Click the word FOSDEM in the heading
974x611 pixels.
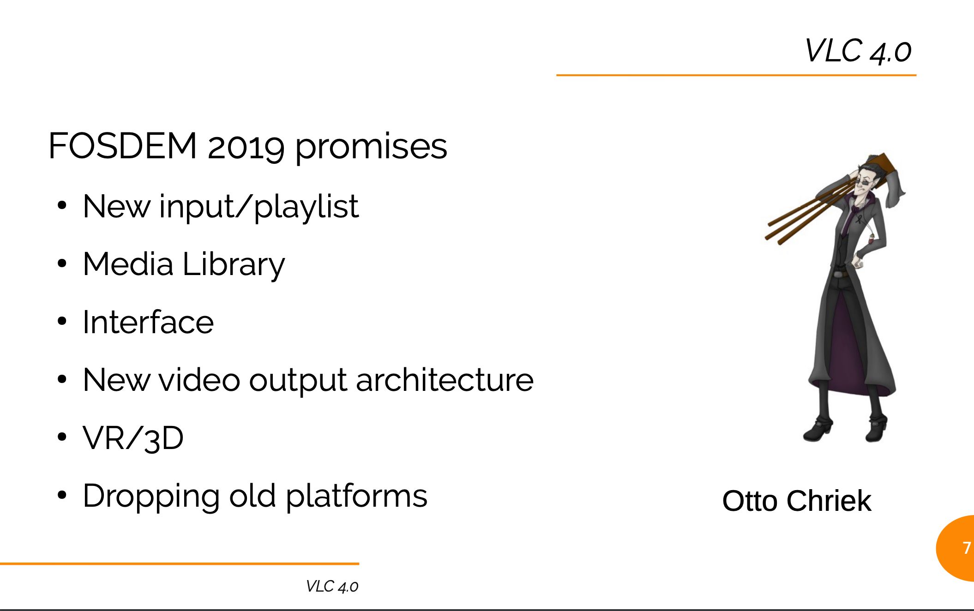(x=123, y=146)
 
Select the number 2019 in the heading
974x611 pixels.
(x=246, y=147)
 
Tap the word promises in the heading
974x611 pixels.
(x=371, y=147)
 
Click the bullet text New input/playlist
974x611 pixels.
(x=221, y=207)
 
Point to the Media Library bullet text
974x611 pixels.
(x=184, y=264)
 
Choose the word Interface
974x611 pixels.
(x=148, y=322)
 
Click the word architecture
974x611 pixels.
(x=445, y=380)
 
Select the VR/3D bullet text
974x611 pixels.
(x=133, y=437)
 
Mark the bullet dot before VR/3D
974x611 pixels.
(x=62, y=437)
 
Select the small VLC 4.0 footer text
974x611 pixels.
(x=332, y=587)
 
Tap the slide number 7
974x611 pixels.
(x=967, y=548)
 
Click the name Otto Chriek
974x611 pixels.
(x=797, y=501)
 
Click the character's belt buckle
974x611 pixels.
(x=838, y=275)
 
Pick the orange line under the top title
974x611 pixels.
(x=736, y=75)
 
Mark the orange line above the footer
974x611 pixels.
(x=180, y=563)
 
